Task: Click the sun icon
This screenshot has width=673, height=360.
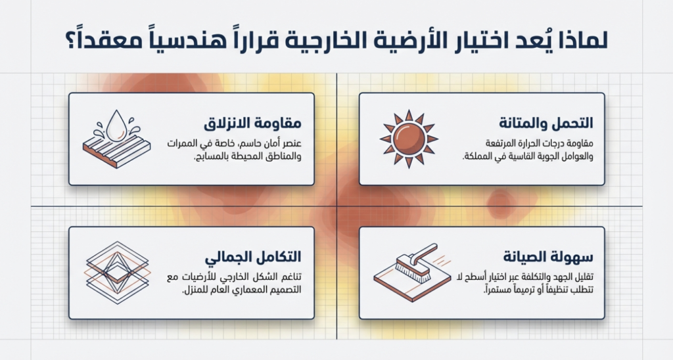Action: click(409, 139)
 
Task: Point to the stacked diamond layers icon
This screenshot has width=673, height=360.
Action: click(117, 273)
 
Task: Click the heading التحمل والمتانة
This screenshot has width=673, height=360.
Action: click(546, 123)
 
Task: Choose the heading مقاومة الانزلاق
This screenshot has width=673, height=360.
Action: click(252, 124)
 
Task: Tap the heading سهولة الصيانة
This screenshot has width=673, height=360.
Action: click(548, 257)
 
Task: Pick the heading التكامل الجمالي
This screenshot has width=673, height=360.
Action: click(253, 258)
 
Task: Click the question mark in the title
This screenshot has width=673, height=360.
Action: click(70, 42)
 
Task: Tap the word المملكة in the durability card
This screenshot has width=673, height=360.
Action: click(477, 156)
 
